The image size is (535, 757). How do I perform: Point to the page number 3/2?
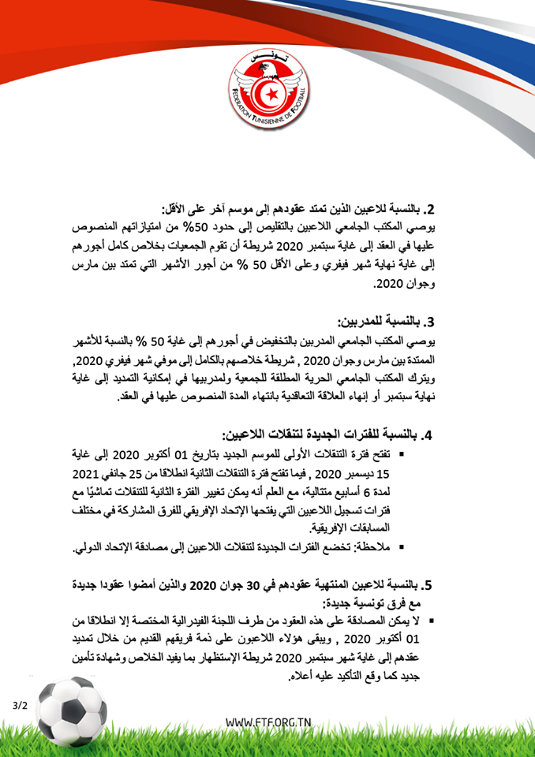[20, 704]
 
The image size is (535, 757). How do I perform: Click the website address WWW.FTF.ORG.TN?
[267, 722]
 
